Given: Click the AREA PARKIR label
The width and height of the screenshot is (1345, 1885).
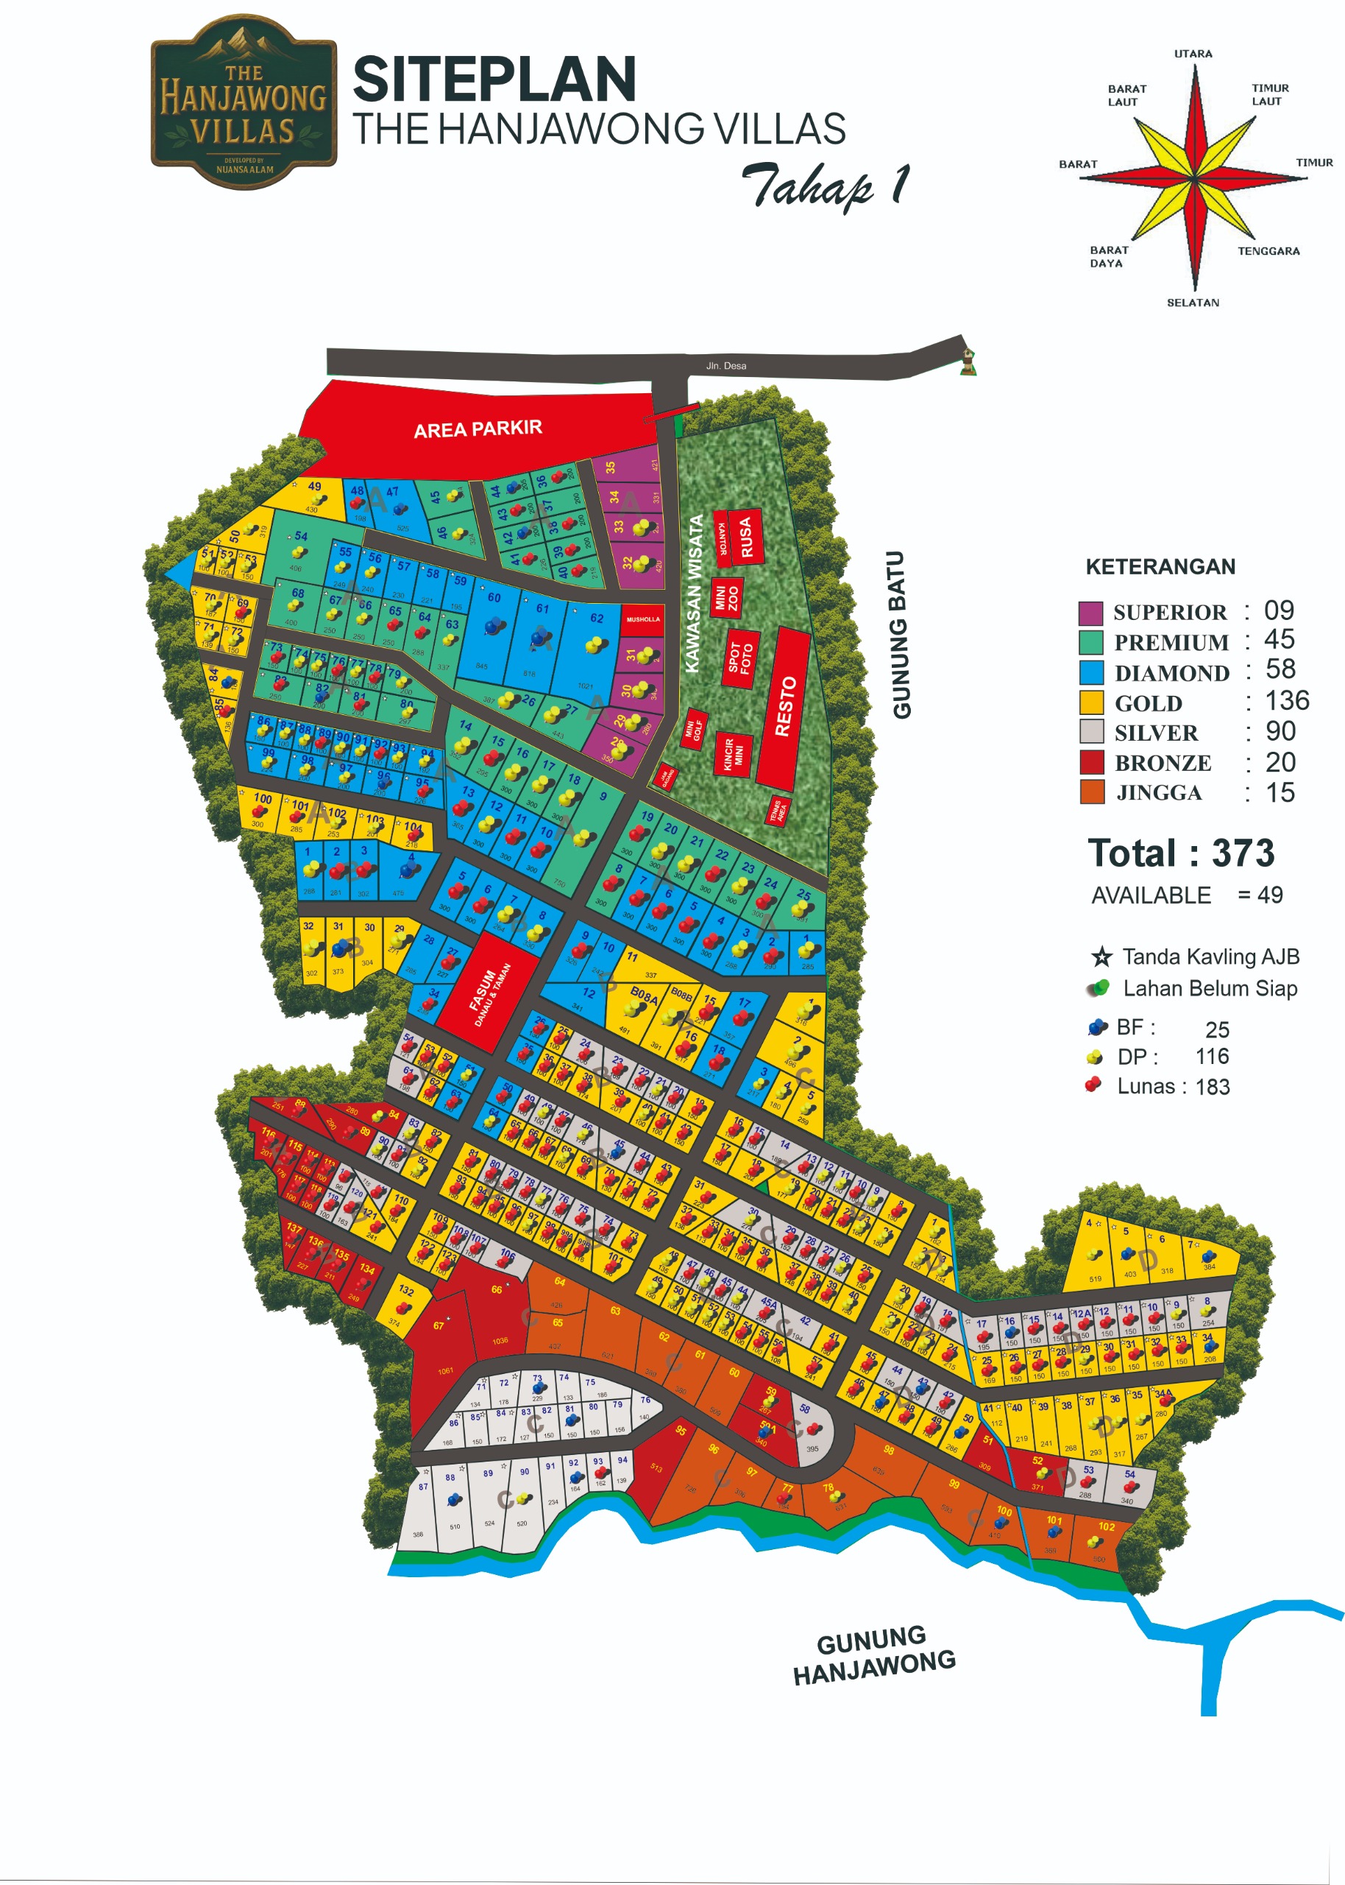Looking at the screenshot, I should [x=478, y=429].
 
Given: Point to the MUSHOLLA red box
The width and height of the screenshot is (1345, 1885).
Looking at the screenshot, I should [x=642, y=620].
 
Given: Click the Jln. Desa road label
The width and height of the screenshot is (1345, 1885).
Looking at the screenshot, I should [x=725, y=365].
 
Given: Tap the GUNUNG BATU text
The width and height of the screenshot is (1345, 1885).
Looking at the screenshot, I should [x=901, y=635].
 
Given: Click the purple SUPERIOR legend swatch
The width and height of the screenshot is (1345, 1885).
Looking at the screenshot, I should [x=1090, y=613].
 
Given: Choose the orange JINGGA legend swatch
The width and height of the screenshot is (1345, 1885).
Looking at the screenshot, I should [x=1092, y=792].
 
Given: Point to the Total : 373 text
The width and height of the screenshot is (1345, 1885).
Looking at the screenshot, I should [x=1180, y=853].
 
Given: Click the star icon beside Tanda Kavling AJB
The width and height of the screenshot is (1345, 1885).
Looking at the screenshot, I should [x=1101, y=957].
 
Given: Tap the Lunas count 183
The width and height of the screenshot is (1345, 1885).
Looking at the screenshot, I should [x=1213, y=1086].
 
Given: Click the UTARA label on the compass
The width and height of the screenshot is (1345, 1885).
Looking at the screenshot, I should [x=1193, y=54].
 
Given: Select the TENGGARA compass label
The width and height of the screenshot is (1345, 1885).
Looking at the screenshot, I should [x=1268, y=251].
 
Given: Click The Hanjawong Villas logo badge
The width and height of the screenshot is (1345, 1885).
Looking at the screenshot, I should [x=244, y=102].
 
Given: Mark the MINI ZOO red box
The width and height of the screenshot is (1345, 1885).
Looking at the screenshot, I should [x=725, y=597].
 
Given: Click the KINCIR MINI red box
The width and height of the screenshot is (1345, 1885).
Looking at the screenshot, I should [x=734, y=754].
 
